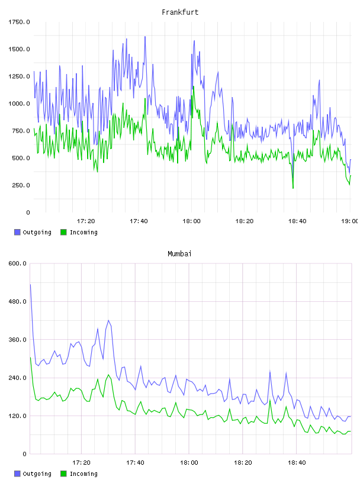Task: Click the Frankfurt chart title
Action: coord(180,12)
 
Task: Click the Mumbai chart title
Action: coord(179,254)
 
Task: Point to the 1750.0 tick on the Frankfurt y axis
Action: coord(19,22)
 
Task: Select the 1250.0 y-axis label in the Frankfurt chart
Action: coord(19,76)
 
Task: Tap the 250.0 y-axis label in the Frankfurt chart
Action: coord(21,185)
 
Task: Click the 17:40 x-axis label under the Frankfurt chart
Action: coord(139,221)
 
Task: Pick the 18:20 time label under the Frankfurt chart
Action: coord(245,221)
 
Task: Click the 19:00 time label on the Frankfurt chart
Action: coord(349,221)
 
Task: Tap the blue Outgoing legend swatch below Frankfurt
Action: coord(17,232)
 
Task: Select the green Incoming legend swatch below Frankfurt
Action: coord(63,232)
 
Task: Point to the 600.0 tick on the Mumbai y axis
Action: coord(17,263)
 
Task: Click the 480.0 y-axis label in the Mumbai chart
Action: coord(17,301)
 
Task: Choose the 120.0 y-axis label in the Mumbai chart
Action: coord(17,416)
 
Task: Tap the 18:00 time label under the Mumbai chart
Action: coord(189,463)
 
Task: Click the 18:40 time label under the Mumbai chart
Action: coord(297,463)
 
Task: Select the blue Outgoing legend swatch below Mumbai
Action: coord(17,474)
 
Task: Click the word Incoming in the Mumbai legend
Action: coord(83,474)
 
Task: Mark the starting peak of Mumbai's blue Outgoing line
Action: coord(30,285)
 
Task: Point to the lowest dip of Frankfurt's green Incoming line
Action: coord(293,188)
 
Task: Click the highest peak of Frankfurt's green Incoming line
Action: coord(193,86)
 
